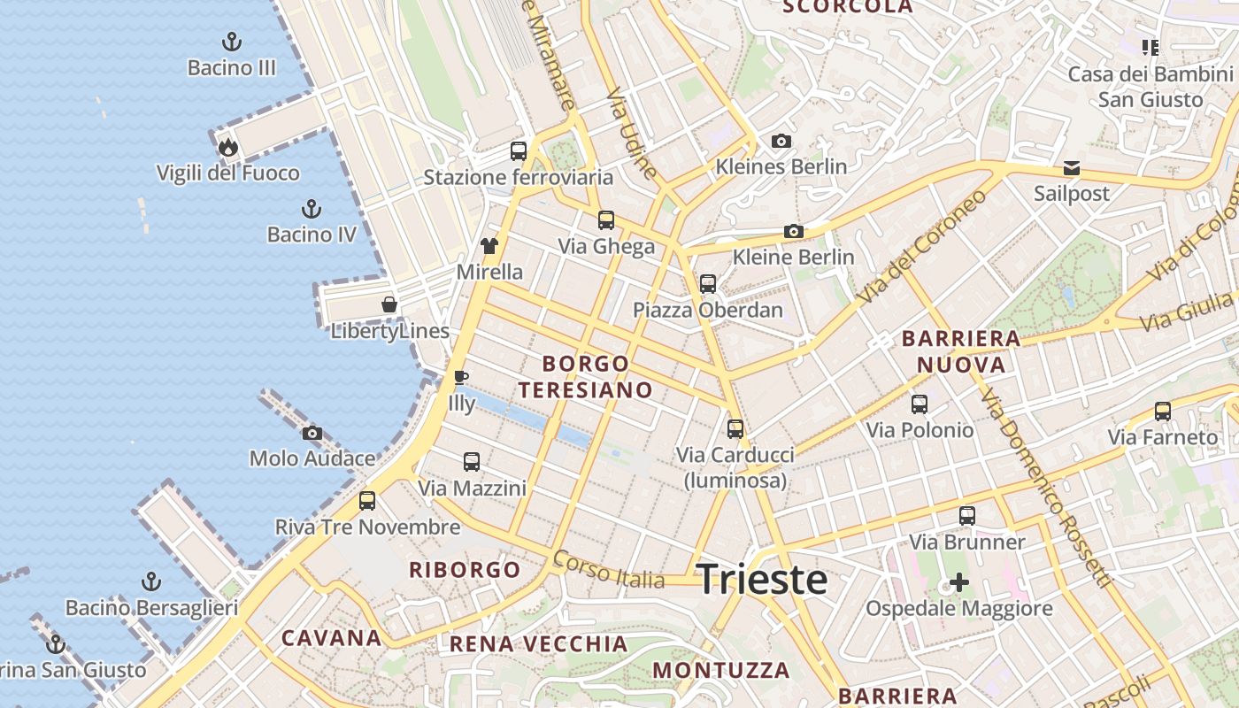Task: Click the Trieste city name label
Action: pyautogui.click(x=762, y=580)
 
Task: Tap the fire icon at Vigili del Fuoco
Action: pyautogui.click(x=228, y=147)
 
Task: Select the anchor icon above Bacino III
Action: pyautogui.click(x=231, y=42)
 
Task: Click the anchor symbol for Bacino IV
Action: pyautogui.click(x=311, y=209)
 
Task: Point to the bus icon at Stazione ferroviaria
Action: pyautogui.click(x=519, y=151)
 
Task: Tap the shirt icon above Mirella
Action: pyautogui.click(x=489, y=246)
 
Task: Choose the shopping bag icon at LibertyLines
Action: pyautogui.click(x=389, y=305)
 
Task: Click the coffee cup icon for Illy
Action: pyautogui.click(x=461, y=378)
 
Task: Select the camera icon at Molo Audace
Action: pyautogui.click(x=312, y=433)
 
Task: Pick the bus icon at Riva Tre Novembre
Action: pyautogui.click(x=367, y=501)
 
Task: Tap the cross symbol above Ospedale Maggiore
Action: pyautogui.click(x=958, y=582)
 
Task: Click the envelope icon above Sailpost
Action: pyautogui.click(x=1072, y=167)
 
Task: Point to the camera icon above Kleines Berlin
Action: pyautogui.click(x=781, y=141)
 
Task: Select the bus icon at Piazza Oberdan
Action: pyautogui.click(x=708, y=284)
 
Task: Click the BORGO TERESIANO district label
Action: pyautogui.click(x=586, y=376)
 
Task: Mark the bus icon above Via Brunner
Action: pyautogui.click(x=967, y=516)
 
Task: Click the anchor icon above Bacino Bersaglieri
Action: pyautogui.click(x=151, y=581)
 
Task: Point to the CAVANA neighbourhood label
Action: pyautogui.click(x=332, y=638)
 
